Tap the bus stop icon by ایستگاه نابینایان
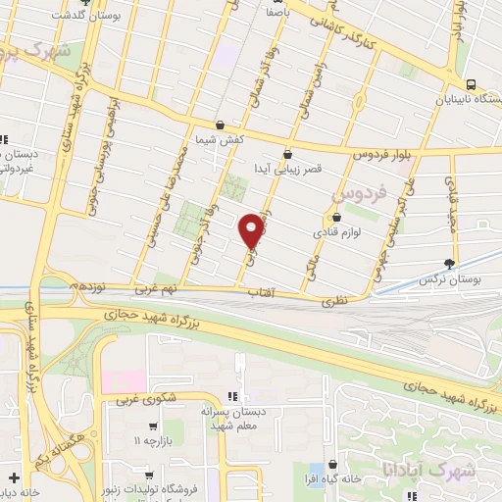tap(472, 84)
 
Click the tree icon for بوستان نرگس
tap(450, 263)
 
